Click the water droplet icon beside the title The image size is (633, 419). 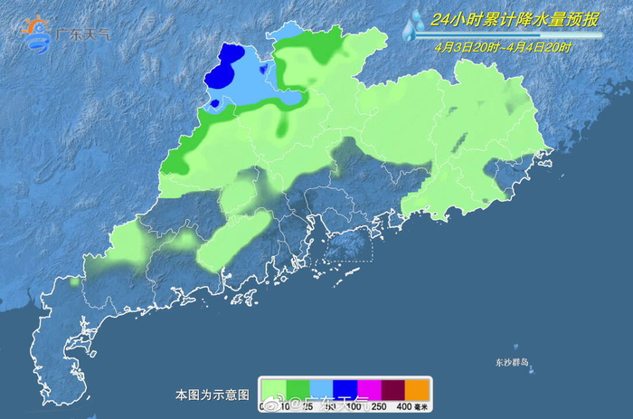[x=413, y=25]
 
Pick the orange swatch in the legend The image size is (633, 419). [x=416, y=389]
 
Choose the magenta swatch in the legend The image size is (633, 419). [x=369, y=389]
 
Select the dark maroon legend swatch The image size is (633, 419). [x=392, y=389]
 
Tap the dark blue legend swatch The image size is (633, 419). [x=345, y=389]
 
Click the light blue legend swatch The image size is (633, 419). [x=322, y=389]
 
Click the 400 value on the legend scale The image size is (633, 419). [x=403, y=405]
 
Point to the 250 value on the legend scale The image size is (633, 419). [x=380, y=405]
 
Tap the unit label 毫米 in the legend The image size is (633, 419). [x=422, y=405]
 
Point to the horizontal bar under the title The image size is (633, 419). [x=515, y=35]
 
